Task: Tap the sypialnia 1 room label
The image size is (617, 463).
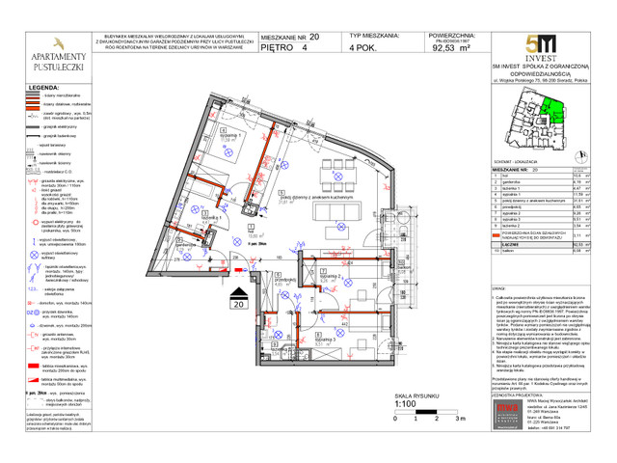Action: tap(229, 137)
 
